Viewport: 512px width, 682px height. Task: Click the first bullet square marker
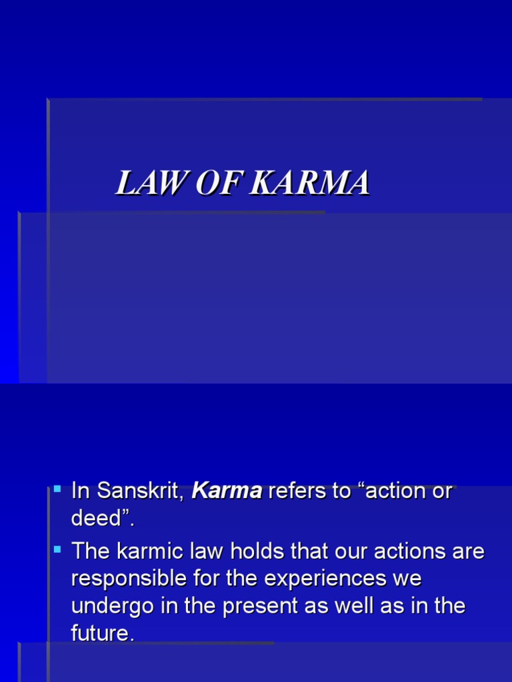pyautogui.click(x=57, y=489)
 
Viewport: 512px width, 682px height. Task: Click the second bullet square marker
pyautogui.click(x=57, y=549)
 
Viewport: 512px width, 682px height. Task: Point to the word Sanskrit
pyautogui.click(x=141, y=492)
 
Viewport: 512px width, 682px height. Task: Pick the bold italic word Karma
pyautogui.click(x=227, y=492)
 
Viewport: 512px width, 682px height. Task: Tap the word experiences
pyautogui.click(x=325, y=579)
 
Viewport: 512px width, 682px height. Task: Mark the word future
pyautogui.click(x=101, y=633)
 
